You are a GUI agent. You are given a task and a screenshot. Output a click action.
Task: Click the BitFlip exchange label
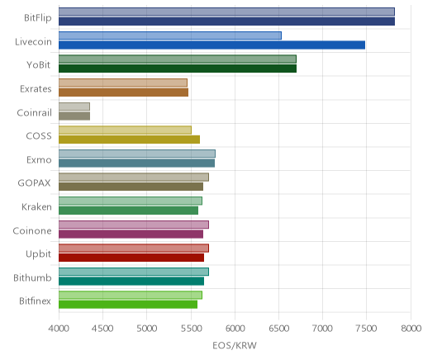click(x=38, y=17)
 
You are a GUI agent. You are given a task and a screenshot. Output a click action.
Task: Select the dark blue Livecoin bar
click(x=211, y=45)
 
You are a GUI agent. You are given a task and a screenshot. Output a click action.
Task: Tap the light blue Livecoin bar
click(x=170, y=36)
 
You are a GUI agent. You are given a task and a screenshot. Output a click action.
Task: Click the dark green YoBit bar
click(x=178, y=69)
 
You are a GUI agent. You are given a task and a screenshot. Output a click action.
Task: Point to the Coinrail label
click(x=34, y=112)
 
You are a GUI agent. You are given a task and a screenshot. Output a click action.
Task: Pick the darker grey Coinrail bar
click(x=74, y=116)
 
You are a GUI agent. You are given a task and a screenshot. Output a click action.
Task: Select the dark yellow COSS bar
click(x=129, y=140)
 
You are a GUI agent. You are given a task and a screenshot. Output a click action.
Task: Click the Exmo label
click(x=39, y=159)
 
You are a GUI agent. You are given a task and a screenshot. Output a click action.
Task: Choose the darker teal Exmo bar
click(x=136, y=163)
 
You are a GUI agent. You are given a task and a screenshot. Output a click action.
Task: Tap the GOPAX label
click(x=34, y=183)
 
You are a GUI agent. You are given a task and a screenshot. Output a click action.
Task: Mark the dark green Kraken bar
click(x=128, y=211)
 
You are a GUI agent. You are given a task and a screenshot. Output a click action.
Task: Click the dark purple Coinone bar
click(x=131, y=234)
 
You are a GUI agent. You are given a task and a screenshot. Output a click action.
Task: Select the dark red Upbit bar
click(x=131, y=258)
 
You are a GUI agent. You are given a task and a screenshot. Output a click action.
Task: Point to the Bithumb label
click(x=32, y=277)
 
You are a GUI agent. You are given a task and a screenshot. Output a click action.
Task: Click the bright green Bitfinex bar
click(x=128, y=305)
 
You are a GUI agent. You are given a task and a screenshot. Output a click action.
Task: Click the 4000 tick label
click(x=59, y=329)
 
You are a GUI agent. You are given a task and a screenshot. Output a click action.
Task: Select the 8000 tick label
click(x=411, y=329)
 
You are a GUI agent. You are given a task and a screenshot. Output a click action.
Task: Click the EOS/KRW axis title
click(x=235, y=345)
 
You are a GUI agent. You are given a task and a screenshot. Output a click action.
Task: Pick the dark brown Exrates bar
click(x=123, y=92)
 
